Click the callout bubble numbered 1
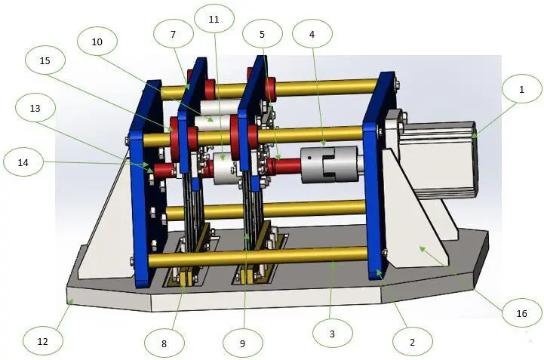click(522, 89)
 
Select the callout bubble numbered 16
click(522, 313)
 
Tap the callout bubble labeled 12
click(43, 341)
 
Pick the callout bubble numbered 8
click(164, 343)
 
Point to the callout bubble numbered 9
click(242, 343)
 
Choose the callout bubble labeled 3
click(333, 334)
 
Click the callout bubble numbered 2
click(413, 342)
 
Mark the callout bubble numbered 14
click(23, 162)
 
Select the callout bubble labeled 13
click(35, 109)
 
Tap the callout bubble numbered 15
click(45, 60)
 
